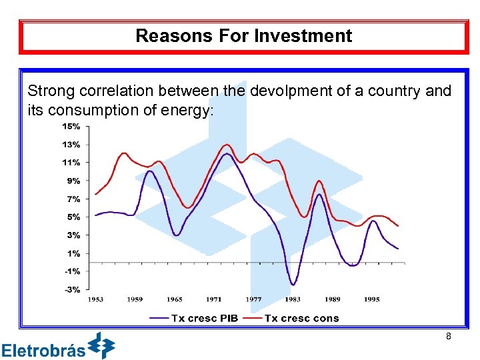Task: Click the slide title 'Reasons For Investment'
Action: pyautogui.click(x=243, y=36)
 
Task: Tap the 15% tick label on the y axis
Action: pyautogui.click(x=71, y=126)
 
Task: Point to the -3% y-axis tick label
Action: pyautogui.click(x=71, y=289)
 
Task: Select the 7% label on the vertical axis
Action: pyautogui.click(x=73, y=199)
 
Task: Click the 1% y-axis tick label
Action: pyautogui.click(x=73, y=253)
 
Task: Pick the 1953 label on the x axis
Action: pyautogui.click(x=95, y=299)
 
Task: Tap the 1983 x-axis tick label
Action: pyautogui.click(x=293, y=299)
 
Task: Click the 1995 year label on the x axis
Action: pyautogui.click(x=371, y=299)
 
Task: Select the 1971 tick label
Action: pyautogui.click(x=213, y=299)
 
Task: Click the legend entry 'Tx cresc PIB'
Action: pyautogui.click(x=193, y=318)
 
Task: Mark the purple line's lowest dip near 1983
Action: pyautogui.click(x=293, y=285)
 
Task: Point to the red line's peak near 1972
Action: pyautogui.click(x=227, y=145)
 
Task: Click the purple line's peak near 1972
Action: pyautogui.click(x=227, y=154)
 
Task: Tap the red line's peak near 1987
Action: pyautogui.click(x=319, y=181)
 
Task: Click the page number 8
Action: pyautogui.click(x=449, y=337)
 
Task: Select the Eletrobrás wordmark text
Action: pyautogui.click(x=43, y=350)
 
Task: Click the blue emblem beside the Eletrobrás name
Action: pyautogui.click(x=102, y=345)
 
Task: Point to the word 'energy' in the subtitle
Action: pyautogui.click(x=191, y=110)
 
